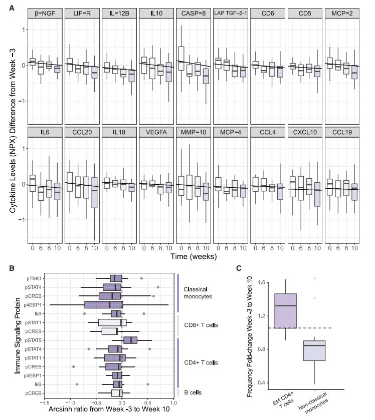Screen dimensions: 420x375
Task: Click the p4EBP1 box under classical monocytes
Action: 103,304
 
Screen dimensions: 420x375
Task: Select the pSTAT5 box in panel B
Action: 130,340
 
